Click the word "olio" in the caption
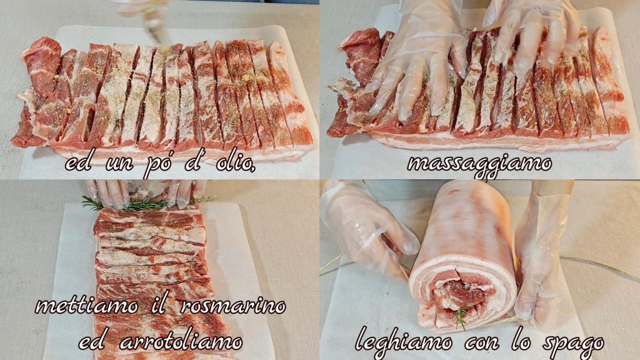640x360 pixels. (x=236, y=162)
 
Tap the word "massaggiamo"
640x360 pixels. (x=479, y=165)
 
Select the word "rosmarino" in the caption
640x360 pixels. (x=233, y=306)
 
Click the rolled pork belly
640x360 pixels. (x=463, y=255)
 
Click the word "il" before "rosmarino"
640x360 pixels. (x=159, y=305)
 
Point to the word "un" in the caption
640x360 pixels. (x=119, y=164)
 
